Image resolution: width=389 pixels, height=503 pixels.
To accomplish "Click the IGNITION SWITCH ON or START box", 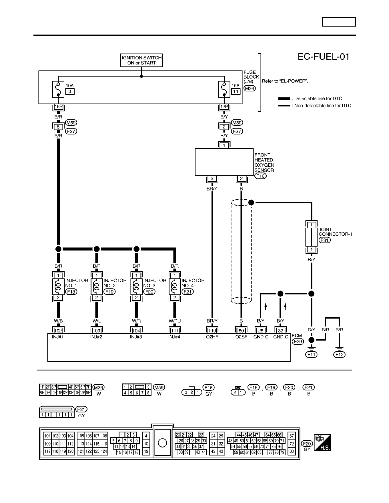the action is (141, 60).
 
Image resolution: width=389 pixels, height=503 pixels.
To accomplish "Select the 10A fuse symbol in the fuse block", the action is (58, 89).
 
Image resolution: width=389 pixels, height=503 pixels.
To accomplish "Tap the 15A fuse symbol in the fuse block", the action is (224, 89).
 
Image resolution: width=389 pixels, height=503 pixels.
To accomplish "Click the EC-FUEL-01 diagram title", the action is (324, 57).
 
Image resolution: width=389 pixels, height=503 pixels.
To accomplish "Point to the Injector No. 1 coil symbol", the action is (58, 286).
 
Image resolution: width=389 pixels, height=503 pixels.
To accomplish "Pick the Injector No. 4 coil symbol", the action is (175, 286).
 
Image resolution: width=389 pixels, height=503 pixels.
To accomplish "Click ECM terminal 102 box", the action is (58, 330).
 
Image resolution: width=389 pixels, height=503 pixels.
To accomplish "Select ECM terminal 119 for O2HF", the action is (212, 330).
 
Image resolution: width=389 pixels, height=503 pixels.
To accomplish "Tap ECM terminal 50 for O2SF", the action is (241, 330).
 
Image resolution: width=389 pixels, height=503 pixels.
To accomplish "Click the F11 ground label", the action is (311, 354).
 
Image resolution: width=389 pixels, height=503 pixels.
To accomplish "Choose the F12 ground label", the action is (339, 354).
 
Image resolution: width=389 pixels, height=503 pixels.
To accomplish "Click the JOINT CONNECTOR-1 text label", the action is (335, 232).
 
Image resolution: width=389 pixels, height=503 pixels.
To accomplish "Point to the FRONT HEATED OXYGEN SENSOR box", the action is (224, 162).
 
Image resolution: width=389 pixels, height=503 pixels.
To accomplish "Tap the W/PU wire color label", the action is (175, 321).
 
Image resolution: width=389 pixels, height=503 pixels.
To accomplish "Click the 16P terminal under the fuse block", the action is (58, 107).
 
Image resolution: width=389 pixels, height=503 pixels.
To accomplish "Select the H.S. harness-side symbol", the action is (323, 442).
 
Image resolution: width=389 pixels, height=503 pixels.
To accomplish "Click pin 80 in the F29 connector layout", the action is (292, 452).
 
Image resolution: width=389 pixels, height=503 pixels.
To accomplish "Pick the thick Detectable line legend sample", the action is (284, 99).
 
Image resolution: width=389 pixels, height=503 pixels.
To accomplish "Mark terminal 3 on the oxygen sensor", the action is (212, 179).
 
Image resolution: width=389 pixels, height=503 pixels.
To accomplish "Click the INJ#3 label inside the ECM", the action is (136, 337).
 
